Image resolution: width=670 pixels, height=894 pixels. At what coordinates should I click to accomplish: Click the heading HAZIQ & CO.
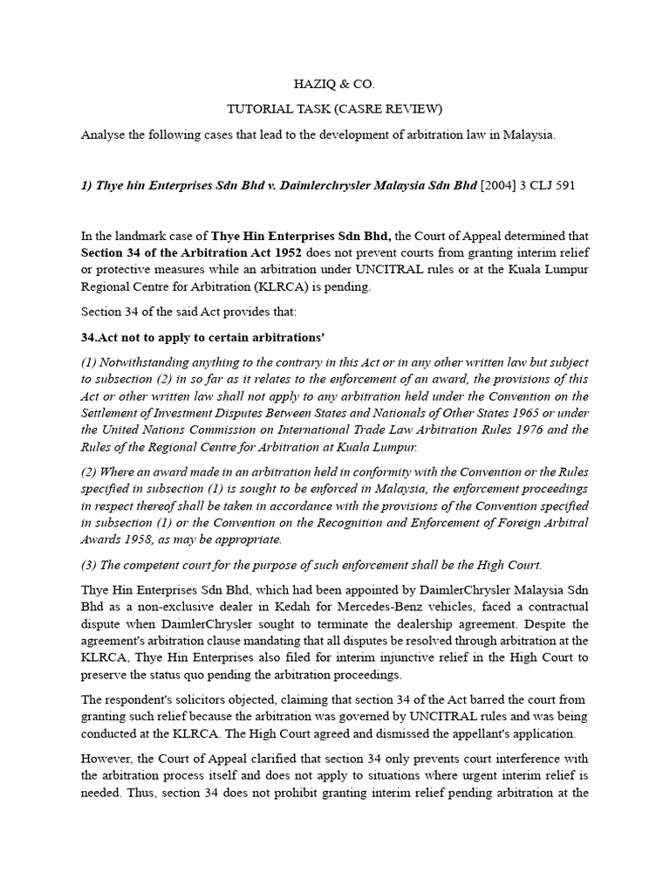pos(335,86)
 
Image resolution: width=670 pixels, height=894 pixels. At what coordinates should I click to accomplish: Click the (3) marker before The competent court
pos(90,564)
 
